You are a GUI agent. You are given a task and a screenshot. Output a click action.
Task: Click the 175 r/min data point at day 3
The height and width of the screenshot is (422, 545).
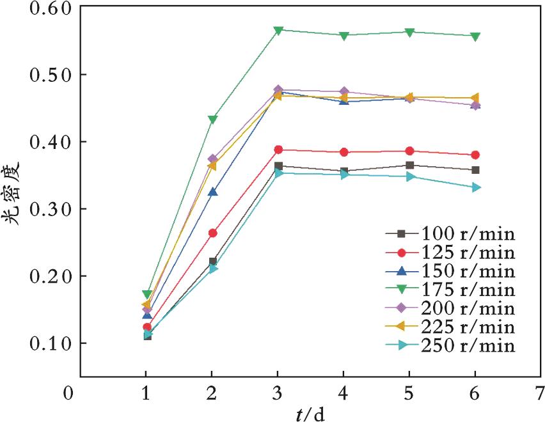[278, 30]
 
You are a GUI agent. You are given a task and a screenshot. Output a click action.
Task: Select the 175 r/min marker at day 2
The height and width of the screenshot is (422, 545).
[212, 120]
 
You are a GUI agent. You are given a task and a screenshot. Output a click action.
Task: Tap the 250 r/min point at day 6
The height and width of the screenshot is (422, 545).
[475, 187]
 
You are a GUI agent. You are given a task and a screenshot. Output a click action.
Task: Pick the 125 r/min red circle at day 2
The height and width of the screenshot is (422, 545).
[212, 233]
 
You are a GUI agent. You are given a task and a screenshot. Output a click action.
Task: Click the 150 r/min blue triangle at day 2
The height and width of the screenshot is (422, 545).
[212, 192]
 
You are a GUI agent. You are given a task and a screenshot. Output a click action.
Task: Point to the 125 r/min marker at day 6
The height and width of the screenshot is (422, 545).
[475, 155]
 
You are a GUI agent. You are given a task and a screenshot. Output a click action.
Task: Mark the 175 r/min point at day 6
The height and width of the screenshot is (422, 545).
[475, 36]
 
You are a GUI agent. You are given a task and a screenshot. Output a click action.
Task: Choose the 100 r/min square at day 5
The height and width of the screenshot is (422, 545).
[409, 165]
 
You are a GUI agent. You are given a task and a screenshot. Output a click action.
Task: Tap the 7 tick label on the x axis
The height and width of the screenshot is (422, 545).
[541, 391]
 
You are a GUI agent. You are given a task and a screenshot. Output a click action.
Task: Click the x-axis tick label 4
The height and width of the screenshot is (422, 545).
[344, 391]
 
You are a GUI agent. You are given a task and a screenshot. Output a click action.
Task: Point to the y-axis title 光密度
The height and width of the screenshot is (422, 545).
[12, 191]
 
